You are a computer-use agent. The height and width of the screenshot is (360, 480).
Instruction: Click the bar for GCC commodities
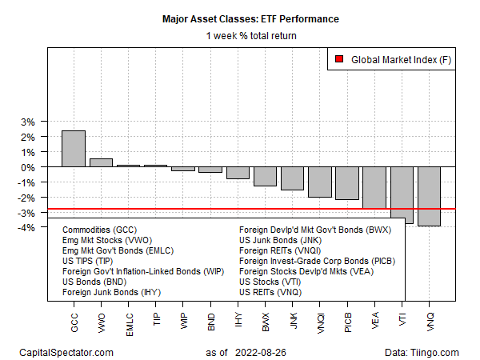coord(74,149)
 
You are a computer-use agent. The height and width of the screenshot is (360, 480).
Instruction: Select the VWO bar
coord(101,162)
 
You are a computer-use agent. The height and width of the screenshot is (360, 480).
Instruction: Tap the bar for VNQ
coord(428,196)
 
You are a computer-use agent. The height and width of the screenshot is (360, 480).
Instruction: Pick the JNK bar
coord(292,178)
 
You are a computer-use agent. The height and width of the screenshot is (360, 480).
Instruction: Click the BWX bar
coord(265,176)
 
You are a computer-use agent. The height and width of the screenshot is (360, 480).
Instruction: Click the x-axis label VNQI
coord(320,319)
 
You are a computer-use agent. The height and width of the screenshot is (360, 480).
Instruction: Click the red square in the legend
coord(338,58)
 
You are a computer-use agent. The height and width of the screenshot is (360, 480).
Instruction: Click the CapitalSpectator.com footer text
coord(67,352)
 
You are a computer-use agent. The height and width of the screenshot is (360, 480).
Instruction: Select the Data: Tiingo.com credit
coord(421,352)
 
